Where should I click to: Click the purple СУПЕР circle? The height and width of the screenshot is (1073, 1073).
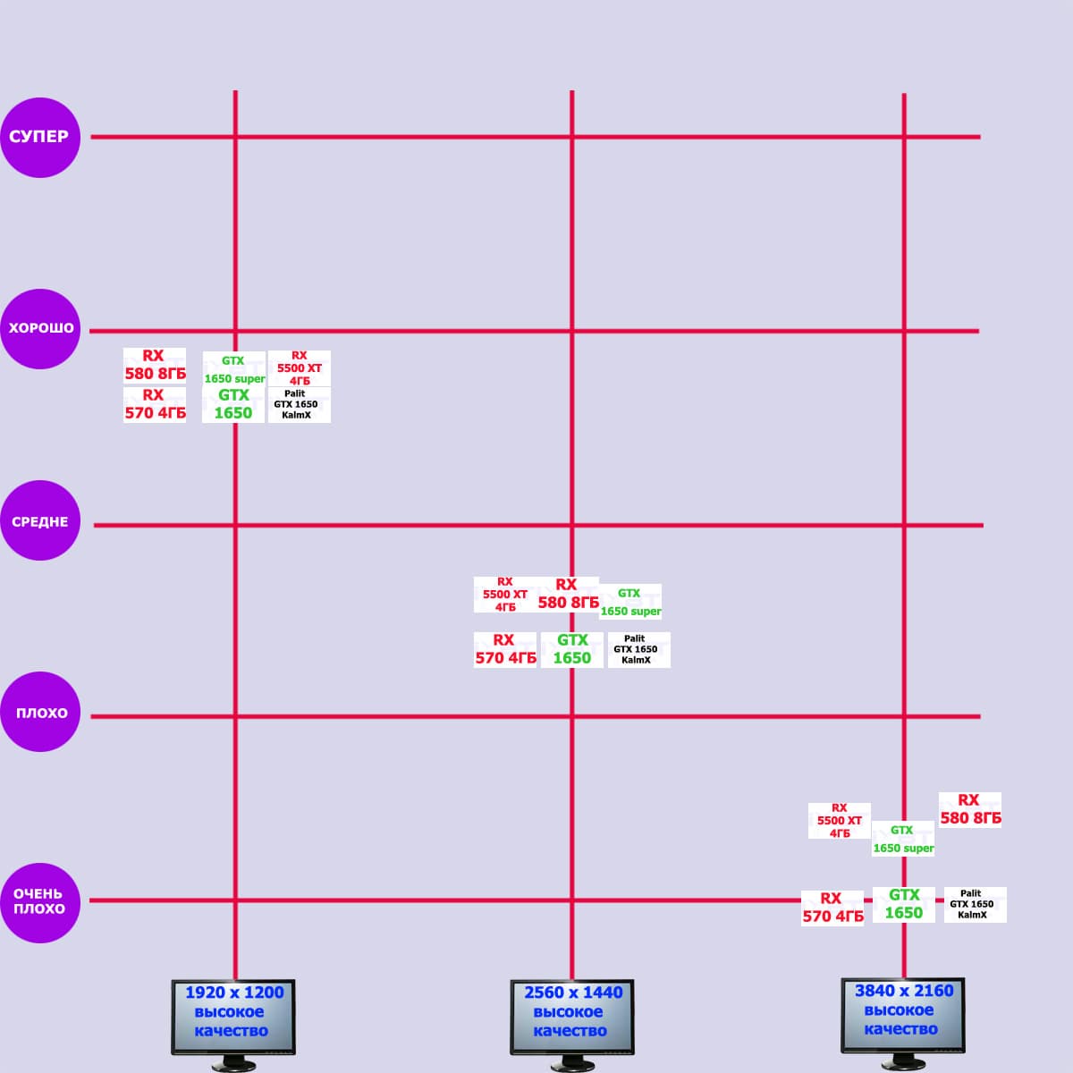[40, 137]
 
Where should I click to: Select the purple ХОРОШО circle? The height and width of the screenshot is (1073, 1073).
[41, 328]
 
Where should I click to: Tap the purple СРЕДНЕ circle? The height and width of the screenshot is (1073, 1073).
[41, 520]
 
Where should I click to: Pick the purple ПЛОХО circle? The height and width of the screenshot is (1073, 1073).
[41, 713]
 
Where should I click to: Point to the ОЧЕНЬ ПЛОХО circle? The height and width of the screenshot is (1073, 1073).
[39, 902]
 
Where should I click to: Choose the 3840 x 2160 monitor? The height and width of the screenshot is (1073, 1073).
[902, 1016]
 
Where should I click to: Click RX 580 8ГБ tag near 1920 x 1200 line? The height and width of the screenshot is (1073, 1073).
[155, 365]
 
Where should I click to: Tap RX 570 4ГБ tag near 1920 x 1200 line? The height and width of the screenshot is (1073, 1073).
[155, 404]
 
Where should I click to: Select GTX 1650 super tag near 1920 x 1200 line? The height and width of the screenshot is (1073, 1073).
[233, 369]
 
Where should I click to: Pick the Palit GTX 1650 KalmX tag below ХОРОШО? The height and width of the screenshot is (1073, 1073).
[298, 404]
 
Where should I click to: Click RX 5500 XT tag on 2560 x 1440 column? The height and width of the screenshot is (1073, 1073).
[505, 595]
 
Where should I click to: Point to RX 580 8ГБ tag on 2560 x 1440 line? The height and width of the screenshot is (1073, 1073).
[568, 595]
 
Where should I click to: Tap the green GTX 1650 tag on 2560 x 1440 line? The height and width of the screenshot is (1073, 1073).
[572, 650]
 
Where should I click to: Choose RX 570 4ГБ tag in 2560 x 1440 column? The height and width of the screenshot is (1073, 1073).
[505, 650]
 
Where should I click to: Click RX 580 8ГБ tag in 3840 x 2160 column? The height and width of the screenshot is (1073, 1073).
[970, 810]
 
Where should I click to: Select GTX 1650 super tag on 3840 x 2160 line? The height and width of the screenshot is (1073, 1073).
[903, 840]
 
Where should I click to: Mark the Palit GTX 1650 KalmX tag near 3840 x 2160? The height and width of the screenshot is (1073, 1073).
[974, 904]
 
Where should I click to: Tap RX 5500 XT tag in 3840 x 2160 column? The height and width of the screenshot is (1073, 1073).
[839, 821]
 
